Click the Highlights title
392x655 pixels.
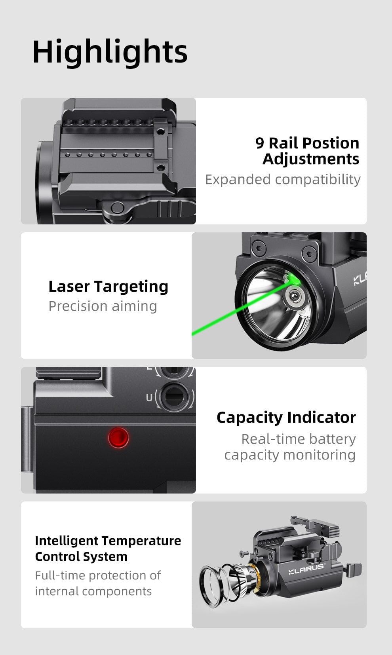[x=110, y=52]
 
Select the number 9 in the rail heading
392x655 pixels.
[x=259, y=143]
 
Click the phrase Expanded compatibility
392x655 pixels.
[x=283, y=179]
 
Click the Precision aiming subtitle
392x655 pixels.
[x=103, y=306]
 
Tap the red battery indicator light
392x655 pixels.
[x=118, y=438]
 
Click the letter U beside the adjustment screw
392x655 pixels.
[x=149, y=397]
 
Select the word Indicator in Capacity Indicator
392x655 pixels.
[x=321, y=417]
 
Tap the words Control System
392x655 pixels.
[x=81, y=556]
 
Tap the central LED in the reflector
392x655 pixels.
[x=294, y=295]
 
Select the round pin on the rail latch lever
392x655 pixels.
[x=117, y=207]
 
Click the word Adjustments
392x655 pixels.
[x=311, y=159]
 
